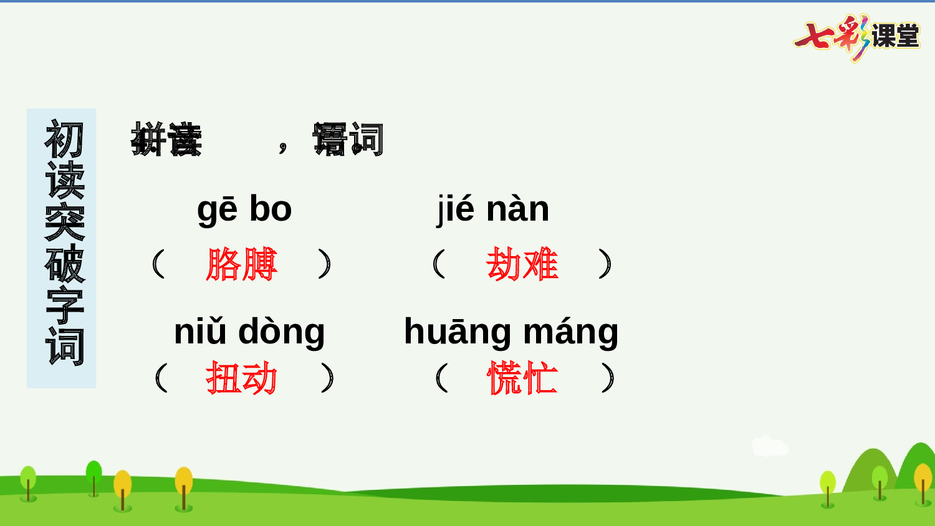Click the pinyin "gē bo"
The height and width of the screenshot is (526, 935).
point(244,209)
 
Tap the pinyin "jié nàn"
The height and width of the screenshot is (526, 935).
point(493,209)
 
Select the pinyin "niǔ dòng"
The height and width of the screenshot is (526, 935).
point(249,332)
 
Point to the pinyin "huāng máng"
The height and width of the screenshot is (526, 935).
point(511,332)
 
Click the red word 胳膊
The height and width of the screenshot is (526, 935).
point(242,264)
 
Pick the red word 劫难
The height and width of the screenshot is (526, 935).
point(522,264)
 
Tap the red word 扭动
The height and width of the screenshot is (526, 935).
point(242,378)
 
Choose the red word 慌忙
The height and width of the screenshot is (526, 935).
point(522,378)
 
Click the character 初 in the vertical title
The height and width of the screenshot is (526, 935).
point(64,138)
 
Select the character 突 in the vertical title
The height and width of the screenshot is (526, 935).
point(64,222)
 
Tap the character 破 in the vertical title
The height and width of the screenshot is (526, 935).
point(64,264)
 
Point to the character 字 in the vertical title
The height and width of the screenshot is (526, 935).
point(64,305)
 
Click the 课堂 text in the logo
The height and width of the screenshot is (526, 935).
point(895,36)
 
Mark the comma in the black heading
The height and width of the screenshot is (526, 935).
point(284,147)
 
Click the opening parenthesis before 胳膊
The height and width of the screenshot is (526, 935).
point(159,264)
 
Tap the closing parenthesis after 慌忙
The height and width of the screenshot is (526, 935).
point(608,378)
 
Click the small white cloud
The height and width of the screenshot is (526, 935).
point(770,446)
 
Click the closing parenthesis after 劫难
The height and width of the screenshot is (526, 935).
point(605,264)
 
